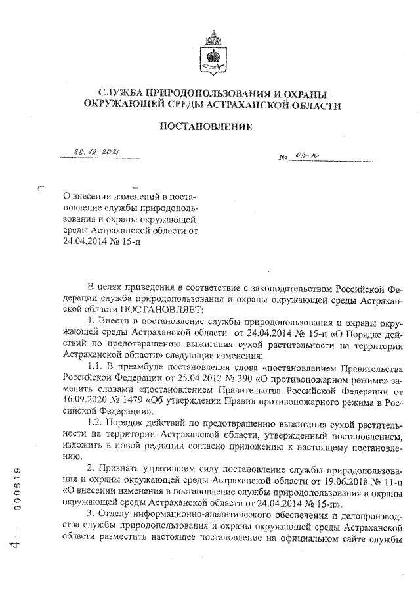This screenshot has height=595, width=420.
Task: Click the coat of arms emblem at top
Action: coord(211,47)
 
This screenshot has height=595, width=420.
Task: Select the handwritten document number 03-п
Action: coord(306,157)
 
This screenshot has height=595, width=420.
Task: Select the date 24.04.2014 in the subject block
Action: coord(86,241)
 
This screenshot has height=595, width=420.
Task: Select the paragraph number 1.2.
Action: coord(97,425)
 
